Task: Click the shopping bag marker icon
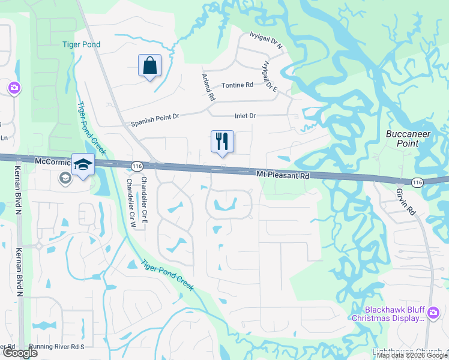click(x=149, y=66)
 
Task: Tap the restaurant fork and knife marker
click(x=222, y=142)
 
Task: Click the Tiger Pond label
click(x=81, y=44)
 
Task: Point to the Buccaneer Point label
click(x=408, y=139)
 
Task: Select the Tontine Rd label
click(x=237, y=86)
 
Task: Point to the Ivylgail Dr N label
click(x=267, y=41)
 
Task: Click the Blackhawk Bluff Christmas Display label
click(x=387, y=313)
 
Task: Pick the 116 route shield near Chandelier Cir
click(x=137, y=166)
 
